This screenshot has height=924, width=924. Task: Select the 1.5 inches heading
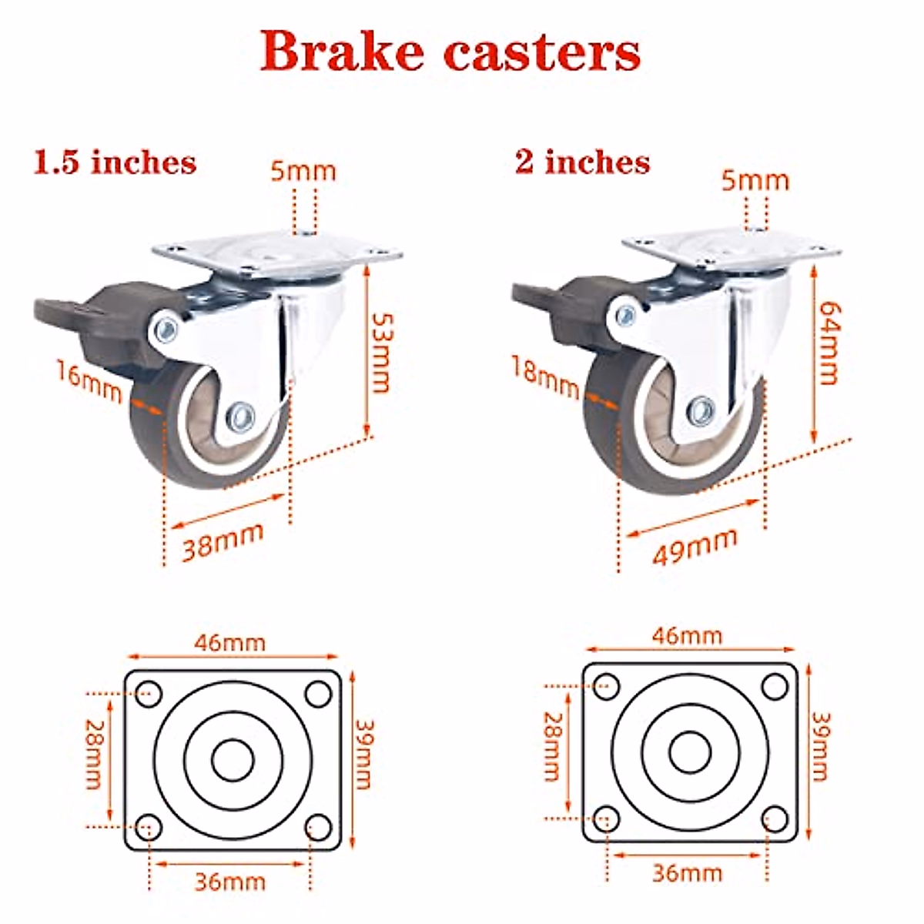click(115, 162)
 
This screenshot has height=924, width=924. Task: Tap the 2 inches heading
click(582, 162)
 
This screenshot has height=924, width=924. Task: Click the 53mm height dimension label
click(380, 352)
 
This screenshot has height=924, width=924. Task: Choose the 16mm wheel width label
click(89, 381)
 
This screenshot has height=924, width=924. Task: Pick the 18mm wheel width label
click(544, 377)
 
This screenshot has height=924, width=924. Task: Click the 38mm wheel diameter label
click(223, 541)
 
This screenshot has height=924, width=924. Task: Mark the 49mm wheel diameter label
click(694, 546)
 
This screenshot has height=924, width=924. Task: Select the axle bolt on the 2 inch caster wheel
click(700, 410)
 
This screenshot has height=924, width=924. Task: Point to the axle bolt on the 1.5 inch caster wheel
click(241, 417)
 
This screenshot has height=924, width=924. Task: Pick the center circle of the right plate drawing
click(690, 752)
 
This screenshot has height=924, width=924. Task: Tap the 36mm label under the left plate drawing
click(229, 881)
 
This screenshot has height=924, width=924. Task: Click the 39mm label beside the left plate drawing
click(363, 754)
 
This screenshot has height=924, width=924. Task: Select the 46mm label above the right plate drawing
click(687, 636)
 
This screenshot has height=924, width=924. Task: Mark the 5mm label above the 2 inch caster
click(755, 180)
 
